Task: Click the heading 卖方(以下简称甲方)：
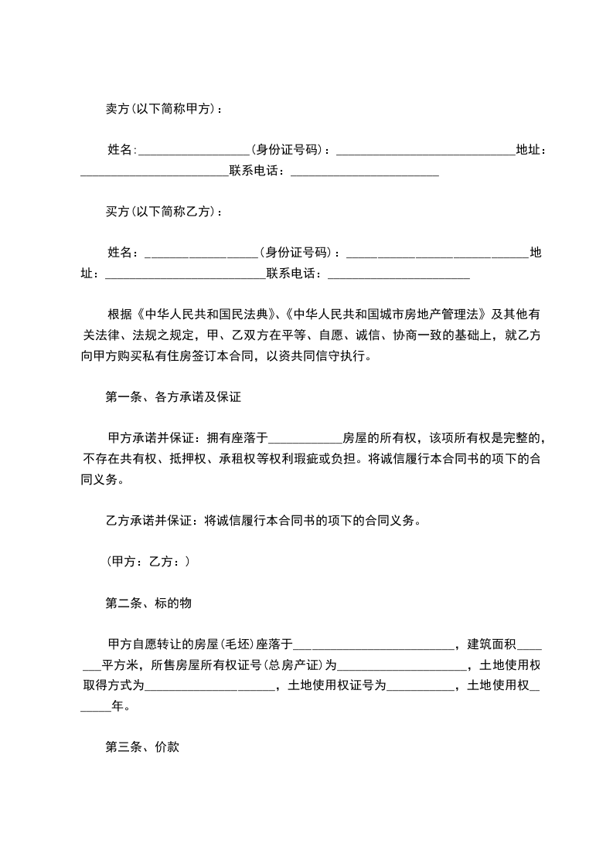tap(164, 109)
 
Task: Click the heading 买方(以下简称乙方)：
tap(164, 211)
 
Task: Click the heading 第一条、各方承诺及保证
tap(174, 398)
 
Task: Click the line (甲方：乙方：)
tap(148, 562)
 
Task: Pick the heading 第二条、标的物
tap(148, 603)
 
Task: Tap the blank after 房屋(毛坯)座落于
tap(373, 644)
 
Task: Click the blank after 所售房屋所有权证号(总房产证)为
tap(401, 665)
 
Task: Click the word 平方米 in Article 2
tap(120, 665)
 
